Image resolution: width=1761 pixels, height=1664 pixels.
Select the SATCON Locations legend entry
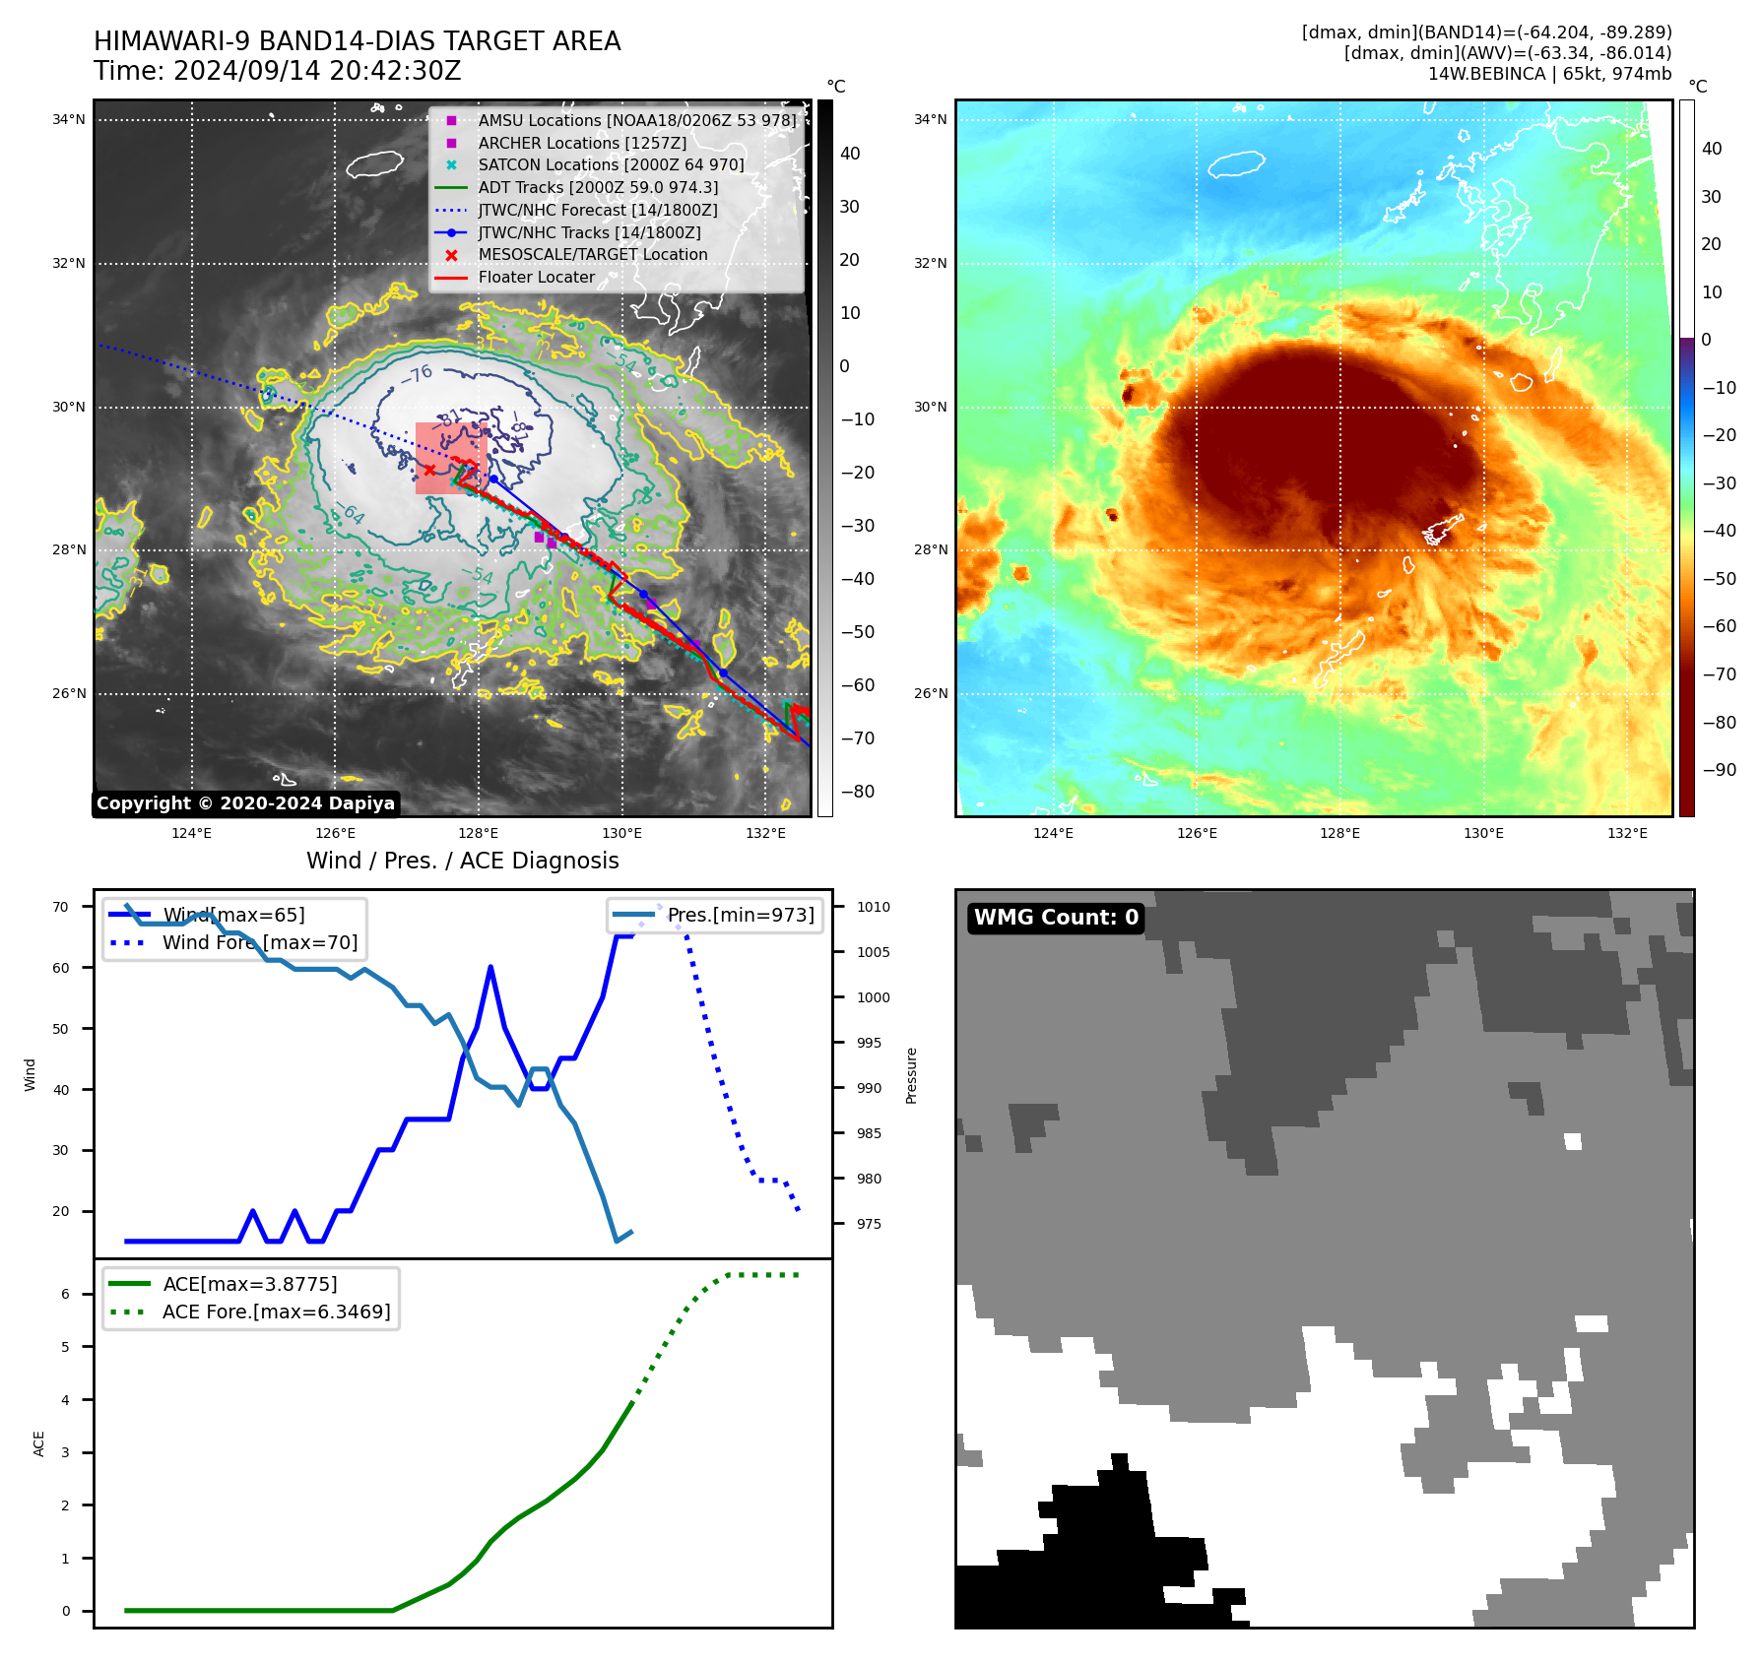(611, 165)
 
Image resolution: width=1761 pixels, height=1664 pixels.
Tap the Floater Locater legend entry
(536, 278)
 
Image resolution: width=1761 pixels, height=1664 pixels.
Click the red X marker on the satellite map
(429, 470)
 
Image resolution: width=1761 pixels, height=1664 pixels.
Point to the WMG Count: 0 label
(1056, 918)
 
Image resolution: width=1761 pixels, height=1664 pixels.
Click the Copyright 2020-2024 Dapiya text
(245, 803)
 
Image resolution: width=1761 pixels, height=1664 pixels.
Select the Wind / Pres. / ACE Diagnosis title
(462, 861)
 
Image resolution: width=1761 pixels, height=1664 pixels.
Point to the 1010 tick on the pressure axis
(873, 907)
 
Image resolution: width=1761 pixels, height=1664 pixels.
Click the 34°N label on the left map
(69, 120)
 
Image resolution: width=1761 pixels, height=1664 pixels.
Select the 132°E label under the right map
(1627, 833)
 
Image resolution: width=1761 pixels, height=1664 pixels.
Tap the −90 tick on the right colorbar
(1719, 770)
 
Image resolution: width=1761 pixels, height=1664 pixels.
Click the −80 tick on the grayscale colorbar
(857, 792)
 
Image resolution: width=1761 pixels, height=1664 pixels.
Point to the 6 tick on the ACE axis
(66, 1294)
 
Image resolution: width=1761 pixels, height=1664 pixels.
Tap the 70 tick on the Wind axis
(61, 907)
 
